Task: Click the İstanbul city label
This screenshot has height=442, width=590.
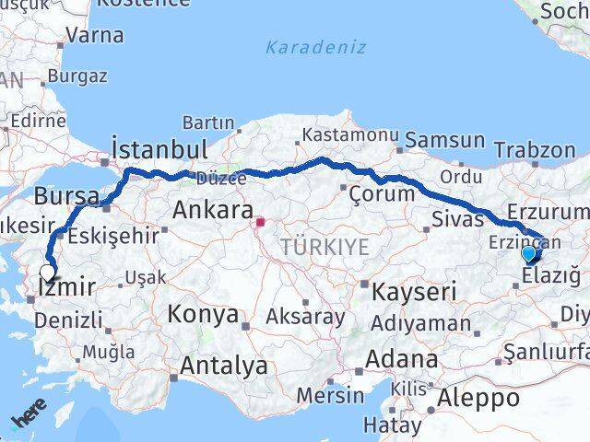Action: point(158,149)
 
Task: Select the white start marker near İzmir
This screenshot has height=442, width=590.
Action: point(47,273)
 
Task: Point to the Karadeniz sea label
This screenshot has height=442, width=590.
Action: point(314,47)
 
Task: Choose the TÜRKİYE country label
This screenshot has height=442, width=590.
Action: point(324,246)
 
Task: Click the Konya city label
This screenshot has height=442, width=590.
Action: point(203,314)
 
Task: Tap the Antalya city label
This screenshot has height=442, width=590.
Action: point(224,366)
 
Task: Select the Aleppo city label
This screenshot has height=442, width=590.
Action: point(478,398)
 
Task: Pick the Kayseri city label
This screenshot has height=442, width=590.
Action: point(415,293)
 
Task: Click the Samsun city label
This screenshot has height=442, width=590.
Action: point(444,141)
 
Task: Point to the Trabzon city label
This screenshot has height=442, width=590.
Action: point(534,149)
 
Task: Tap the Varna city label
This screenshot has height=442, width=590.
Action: point(96,36)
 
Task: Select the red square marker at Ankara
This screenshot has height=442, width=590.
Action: point(261,221)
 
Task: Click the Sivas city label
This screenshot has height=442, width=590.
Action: point(457,219)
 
